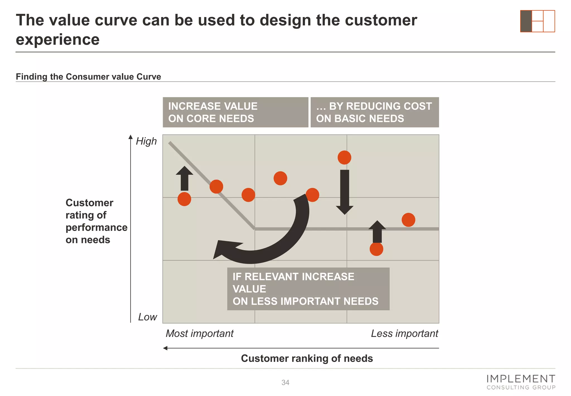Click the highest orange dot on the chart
click(344, 158)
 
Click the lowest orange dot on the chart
click(376, 249)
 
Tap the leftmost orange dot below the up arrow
click(184, 199)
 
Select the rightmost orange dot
click(408, 220)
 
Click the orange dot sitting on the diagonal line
click(216, 187)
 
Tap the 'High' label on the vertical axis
click(146, 141)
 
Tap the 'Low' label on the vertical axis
click(147, 317)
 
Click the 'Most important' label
click(200, 333)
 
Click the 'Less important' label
click(404, 333)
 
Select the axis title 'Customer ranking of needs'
click(307, 358)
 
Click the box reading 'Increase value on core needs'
click(235, 112)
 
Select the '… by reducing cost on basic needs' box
click(374, 112)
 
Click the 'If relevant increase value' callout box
click(308, 289)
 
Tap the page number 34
click(285, 383)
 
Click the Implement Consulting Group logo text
click(521, 382)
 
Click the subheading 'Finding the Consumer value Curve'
click(88, 77)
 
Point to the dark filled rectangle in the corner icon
click(526, 21)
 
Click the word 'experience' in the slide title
click(58, 40)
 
